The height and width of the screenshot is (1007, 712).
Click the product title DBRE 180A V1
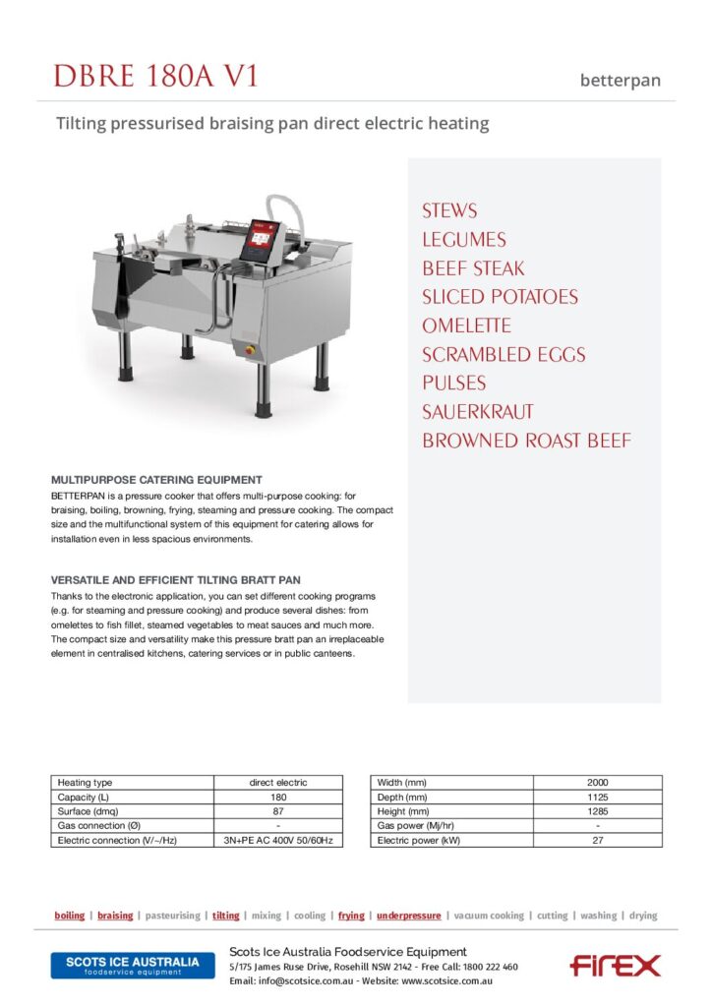click(x=156, y=76)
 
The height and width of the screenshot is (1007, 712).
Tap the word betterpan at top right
click(x=620, y=81)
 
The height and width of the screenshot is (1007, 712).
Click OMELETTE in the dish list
click(x=466, y=326)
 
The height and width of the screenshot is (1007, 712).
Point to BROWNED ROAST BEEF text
click(x=526, y=441)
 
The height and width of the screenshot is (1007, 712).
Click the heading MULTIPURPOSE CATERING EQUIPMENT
click(x=156, y=479)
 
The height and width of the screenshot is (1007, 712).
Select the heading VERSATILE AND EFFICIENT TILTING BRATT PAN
click(x=176, y=579)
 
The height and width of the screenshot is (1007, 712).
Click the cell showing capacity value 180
click(x=278, y=797)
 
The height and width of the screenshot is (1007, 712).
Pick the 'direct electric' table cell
click(x=278, y=782)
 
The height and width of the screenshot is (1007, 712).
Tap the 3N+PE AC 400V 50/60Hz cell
click(x=278, y=841)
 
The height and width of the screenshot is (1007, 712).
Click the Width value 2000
click(x=597, y=782)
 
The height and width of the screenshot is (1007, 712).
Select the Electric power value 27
click(x=597, y=841)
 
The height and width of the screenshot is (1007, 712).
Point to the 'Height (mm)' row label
click(x=401, y=811)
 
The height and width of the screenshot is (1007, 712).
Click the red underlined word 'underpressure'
click(x=408, y=916)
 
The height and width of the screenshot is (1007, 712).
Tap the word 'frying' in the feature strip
click(x=351, y=916)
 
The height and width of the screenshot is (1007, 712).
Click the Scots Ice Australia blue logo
click(x=132, y=965)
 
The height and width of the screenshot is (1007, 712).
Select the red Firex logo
click(x=615, y=965)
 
